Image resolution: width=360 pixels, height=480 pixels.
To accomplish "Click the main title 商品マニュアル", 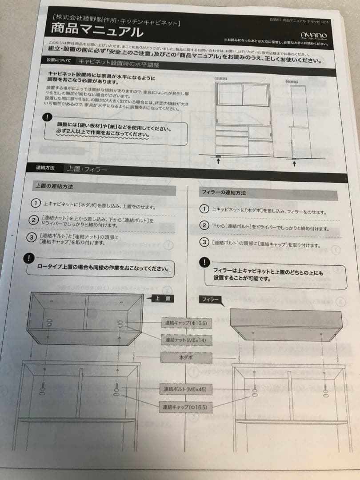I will [97, 31].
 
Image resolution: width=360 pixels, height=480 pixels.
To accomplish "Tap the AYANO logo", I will [314, 35].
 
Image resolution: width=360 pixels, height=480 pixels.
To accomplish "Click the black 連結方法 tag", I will [45, 168].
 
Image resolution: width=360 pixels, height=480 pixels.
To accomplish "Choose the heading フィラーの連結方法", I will [224, 193].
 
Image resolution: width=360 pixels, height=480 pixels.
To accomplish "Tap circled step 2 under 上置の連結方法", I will [33, 220].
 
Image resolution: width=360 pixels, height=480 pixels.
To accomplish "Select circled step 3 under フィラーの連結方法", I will [204, 243].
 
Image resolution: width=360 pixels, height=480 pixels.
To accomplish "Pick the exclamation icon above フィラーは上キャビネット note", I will [204, 262].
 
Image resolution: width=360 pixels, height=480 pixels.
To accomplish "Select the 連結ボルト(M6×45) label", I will [183, 389].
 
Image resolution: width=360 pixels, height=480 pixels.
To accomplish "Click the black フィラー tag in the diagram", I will [211, 300].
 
